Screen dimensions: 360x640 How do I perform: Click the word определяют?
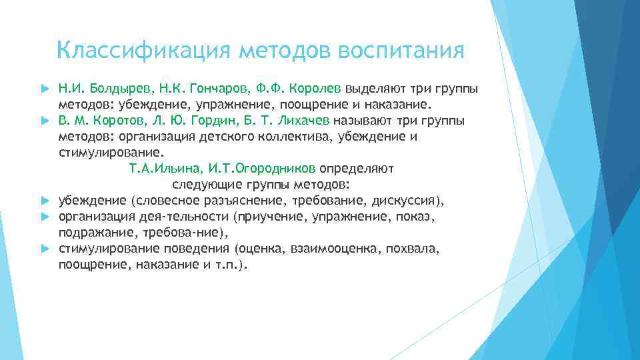pyautogui.click(x=359, y=169)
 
